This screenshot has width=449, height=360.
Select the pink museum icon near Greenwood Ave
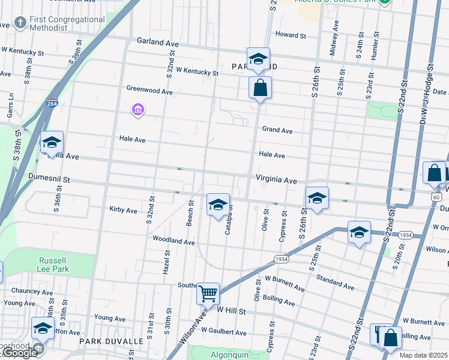tap(138, 110)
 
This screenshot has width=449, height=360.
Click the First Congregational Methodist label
tap(67, 23)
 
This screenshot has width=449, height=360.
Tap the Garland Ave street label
tap(158, 44)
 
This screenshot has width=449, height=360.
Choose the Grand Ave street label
tap(277, 130)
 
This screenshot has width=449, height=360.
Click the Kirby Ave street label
tap(123, 210)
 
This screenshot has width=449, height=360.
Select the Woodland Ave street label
tap(173, 242)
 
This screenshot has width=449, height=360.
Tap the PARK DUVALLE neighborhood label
tap(111, 341)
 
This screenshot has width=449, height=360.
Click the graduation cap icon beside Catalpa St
tap(218, 205)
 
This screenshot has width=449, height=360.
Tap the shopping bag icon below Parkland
tap(260, 88)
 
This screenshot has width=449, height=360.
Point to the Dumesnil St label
tap(49, 178)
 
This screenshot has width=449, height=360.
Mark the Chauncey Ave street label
tap(30, 291)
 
